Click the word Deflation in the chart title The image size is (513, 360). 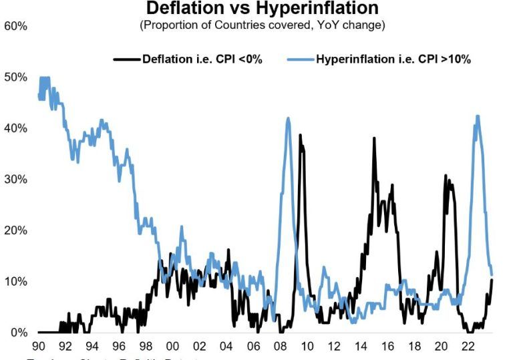[x=183, y=9]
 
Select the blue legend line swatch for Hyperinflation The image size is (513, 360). [x=300, y=59]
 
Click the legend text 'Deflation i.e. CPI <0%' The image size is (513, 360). [x=202, y=59]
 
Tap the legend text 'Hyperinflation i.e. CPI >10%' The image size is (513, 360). [x=393, y=59]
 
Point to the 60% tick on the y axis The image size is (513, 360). [x=15, y=26]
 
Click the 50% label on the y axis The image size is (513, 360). [x=15, y=77]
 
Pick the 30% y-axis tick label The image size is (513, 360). [x=15, y=180]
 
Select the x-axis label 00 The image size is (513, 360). [x=172, y=347]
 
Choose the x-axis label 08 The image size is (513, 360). [x=279, y=347]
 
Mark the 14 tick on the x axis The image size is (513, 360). [x=360, y=347]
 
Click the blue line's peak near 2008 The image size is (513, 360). [x=288, y=118]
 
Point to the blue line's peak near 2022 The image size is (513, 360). [x=477, y=116]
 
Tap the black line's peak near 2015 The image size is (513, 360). [x=374, y=138]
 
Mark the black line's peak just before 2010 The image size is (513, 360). [x=300, y=135]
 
